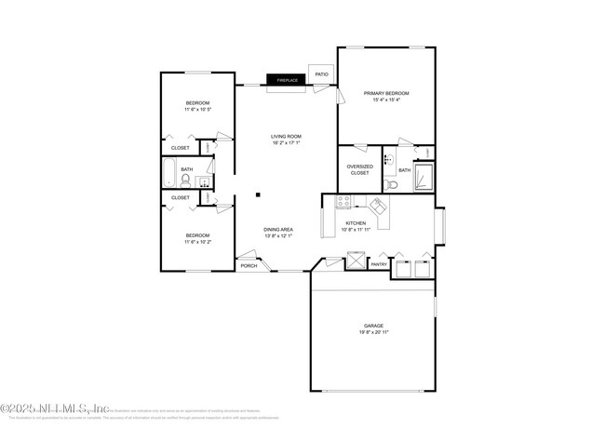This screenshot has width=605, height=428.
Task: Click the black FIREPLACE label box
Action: (287, 80)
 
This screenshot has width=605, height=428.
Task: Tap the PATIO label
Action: (321, 74)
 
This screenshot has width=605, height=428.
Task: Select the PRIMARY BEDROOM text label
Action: (386, 94)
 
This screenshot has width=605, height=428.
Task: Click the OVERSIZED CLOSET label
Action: (359, 169)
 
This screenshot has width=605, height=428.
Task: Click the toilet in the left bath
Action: (185, 180)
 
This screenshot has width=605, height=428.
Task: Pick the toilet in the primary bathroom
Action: (391, 185)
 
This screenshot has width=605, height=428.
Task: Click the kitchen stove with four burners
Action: (343, 201)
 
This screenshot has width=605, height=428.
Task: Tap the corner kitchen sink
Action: (378, 206)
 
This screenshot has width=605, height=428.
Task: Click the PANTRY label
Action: (379, 264)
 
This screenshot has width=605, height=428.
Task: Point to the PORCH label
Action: (249, 266)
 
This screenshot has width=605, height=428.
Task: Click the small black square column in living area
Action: (259, 194)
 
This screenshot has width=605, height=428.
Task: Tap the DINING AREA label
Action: (279, 229)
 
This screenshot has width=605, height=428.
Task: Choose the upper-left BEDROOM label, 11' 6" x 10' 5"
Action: (196, 105)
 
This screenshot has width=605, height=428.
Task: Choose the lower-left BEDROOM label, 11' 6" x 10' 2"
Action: (196, 238)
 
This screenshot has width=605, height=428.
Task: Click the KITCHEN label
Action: (356, 223)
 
